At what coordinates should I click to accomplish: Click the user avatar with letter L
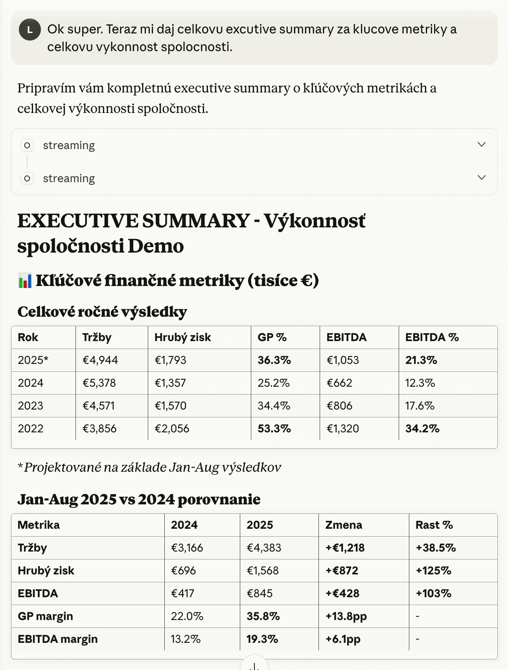[30, 30]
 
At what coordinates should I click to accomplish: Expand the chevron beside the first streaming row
[481, 144]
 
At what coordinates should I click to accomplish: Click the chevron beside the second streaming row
[481, 177]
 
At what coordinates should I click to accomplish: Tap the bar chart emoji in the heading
[25, 281]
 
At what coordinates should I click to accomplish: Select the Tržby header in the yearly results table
[97, 337]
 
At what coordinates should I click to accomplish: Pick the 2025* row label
[33, 360]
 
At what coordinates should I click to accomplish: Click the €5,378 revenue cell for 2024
[99, 383]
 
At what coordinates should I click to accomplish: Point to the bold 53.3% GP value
[274, 428]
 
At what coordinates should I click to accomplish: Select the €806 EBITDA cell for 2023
[339, 406]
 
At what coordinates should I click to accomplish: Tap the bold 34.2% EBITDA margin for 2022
[422, 428]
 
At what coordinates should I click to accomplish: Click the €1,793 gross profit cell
[170, 360]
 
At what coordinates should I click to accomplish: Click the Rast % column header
[434, 525]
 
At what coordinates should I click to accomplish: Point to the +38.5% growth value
[436, 548]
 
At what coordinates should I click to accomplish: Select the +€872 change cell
[342, 570]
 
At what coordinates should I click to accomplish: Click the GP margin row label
[45, 616]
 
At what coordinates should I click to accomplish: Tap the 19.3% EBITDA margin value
[262, 639]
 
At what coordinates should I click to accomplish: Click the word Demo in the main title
[156, 246]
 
